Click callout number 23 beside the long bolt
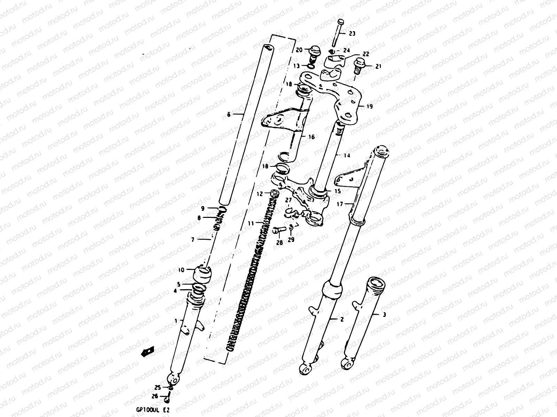pyautogui.click(x=352, y=34)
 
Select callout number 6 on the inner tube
pyautogui.click(x=228, y=114)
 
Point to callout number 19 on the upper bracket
pyautogui.click(x=369, y=106)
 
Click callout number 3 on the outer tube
pyautogui.click(x=384, y=315)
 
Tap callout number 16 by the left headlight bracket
pyautogui.click(x=311, y=137)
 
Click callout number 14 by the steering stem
pyautogui.click(x=346, y=155)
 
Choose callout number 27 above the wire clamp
pyautogui.click(x=288, y=200)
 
